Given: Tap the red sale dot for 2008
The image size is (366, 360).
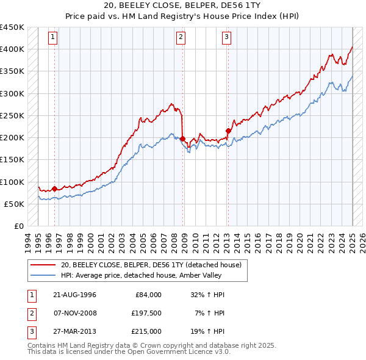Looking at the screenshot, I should click(182, 139).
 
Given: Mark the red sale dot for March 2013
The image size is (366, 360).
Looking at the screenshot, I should click(228, 131).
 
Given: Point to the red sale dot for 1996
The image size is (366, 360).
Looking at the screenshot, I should click(54, 189).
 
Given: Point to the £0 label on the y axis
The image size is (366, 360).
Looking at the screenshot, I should click(18, 226).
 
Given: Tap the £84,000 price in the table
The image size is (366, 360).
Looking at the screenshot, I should click(148, 295).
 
